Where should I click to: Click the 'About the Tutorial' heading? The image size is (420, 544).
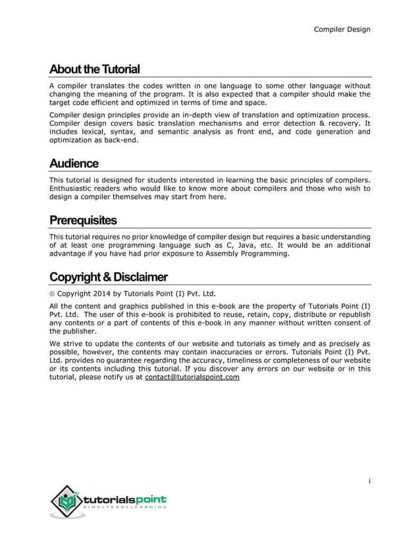(94, 70)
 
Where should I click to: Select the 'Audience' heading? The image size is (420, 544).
(74, 163)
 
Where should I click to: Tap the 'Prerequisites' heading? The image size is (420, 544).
(83, 220)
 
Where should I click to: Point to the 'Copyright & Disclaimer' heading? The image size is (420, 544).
(109, 277)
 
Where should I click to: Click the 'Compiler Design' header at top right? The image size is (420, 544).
(342, 29)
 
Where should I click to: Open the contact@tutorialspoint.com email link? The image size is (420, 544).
(192, 377)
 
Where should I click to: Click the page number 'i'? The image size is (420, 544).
(369, 481)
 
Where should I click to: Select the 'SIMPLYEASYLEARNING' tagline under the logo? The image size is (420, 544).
(124, 508)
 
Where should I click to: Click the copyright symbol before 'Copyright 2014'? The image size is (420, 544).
(53, 294)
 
